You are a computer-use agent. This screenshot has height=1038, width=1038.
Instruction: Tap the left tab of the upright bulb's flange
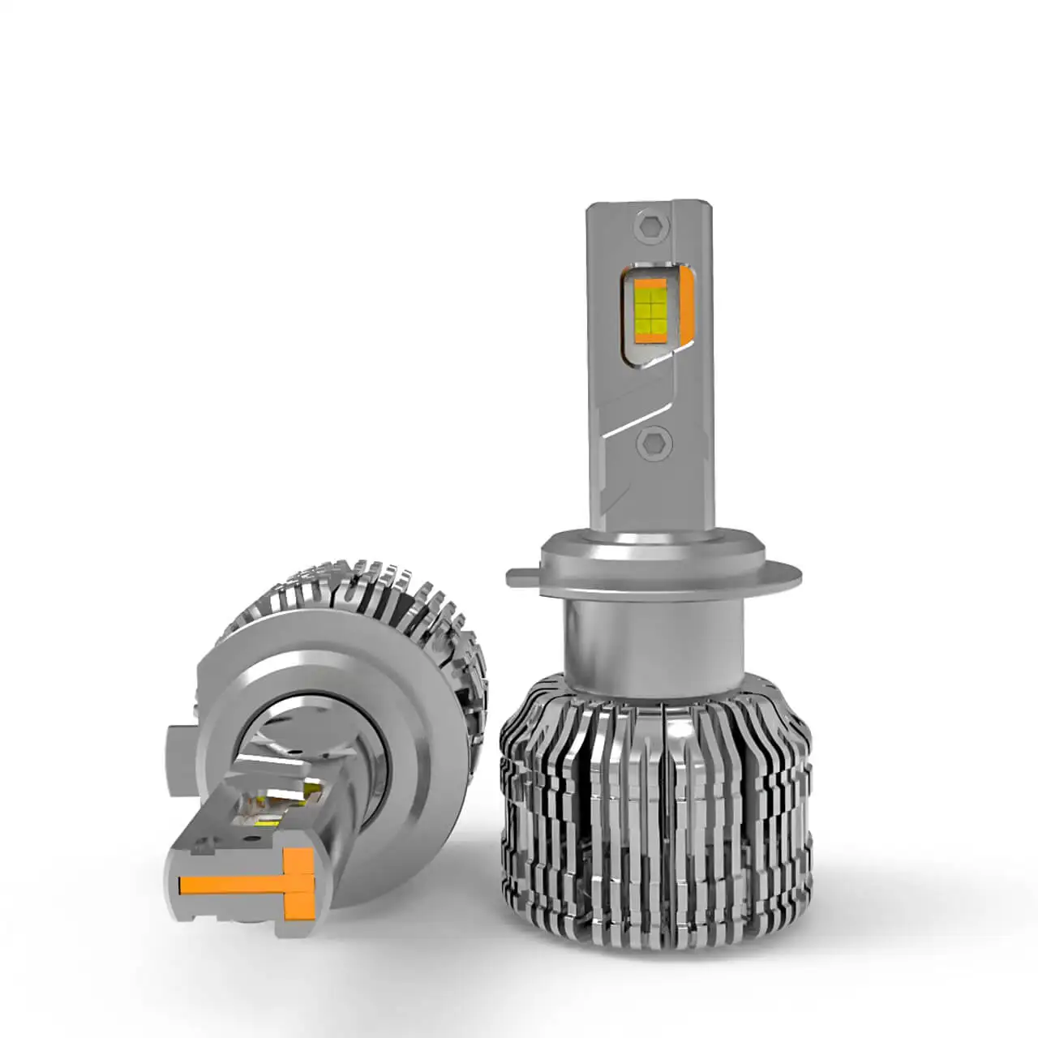point(521,577)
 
